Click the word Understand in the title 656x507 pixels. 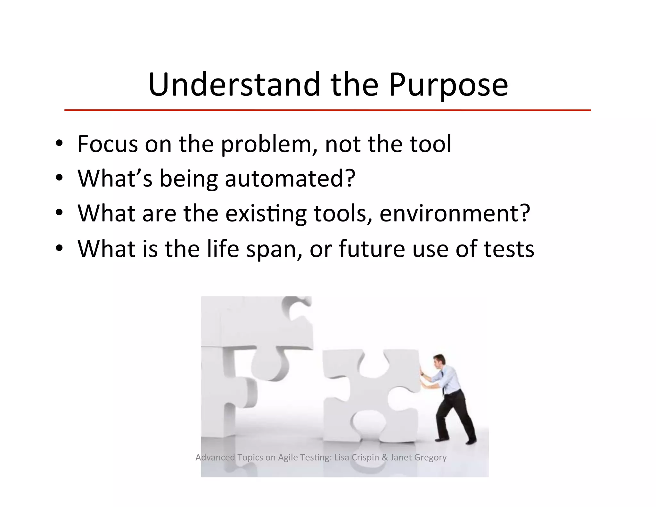pos(234,85)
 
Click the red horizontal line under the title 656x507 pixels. pos(327,110)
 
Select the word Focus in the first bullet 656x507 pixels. pos(108,144)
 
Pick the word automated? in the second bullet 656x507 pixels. pos(290,179)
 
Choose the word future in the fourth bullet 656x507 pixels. pos(372,249)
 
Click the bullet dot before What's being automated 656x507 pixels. pos(59,178)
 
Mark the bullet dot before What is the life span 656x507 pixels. pos(59,248)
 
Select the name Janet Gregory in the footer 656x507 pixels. pos(418,457)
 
